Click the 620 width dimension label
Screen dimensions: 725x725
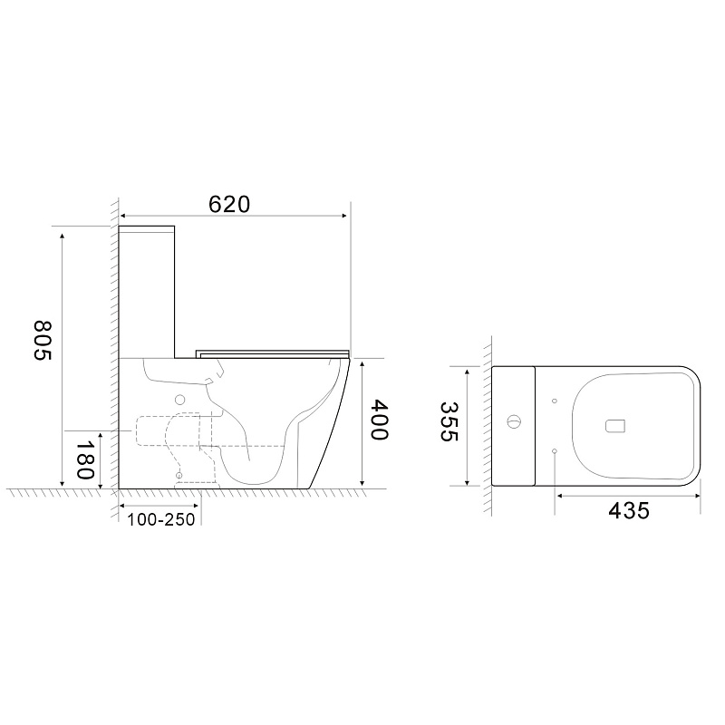229,205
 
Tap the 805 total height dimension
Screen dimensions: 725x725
43,341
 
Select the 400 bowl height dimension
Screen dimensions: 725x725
380,420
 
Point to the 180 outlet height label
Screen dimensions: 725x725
85,459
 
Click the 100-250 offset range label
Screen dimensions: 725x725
161,519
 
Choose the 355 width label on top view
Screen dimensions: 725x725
449,421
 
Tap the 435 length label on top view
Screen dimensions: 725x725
629,511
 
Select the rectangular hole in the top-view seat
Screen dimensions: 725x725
615,426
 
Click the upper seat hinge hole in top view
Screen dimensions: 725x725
555,401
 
